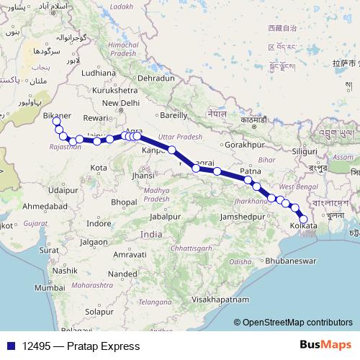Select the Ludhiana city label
pos(99,73)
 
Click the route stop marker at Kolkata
pos(303,219)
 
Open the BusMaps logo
pos(326,346)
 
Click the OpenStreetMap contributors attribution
pos(296,322)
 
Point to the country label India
pos(151,235)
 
